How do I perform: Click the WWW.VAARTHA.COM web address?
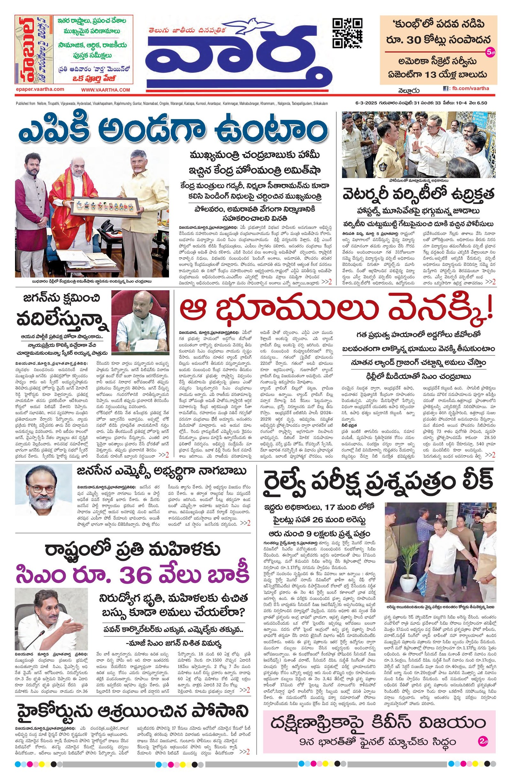[x=106, y=90]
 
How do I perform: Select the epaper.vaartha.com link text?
[x=40, y=89]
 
